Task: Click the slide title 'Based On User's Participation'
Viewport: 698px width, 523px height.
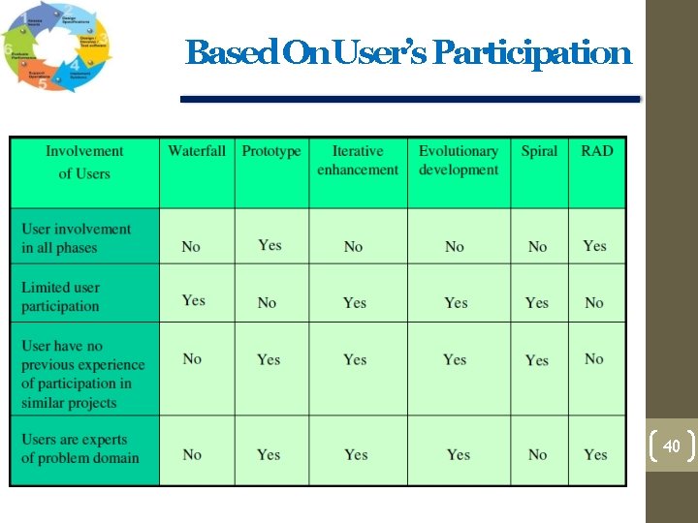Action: pos(408,52)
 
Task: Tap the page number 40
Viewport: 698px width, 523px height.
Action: pos(671,446)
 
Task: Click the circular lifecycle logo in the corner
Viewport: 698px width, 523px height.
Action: pos(56,47)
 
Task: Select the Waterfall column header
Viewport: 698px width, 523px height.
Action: pos(197,151)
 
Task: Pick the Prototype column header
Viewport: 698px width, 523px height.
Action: pos(271,151)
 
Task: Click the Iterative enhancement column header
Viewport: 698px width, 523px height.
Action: pos(358,161)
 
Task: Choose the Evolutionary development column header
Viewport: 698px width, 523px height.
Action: pos(459,161)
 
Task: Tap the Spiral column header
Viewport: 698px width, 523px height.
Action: pos(539,151)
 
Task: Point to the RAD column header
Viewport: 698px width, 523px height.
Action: pos(597,151)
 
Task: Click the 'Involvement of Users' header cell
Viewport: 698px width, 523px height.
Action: pos(84,163)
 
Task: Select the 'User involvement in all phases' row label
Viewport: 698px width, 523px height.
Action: pos(76,238)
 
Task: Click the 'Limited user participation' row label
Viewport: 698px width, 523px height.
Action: pos(61,296)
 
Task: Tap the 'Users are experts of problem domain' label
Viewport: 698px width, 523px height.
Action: pos(80,448)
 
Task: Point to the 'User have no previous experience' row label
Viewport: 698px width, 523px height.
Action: pos(82,374)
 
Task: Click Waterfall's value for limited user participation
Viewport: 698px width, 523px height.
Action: pos(194,300)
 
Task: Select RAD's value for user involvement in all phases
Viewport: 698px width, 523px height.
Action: pos(595,246)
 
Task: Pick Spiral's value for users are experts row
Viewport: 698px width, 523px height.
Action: pos(538,454)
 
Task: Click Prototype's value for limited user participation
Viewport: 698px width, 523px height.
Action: pos(268,302)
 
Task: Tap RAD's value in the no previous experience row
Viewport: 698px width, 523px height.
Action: pos(594,358)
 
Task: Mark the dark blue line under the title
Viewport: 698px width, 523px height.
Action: pos(411,99)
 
